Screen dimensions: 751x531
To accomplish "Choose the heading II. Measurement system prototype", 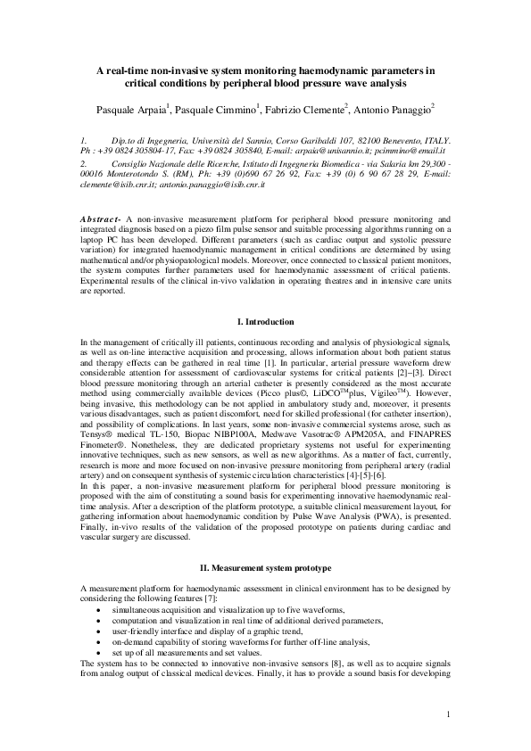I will (265, 567).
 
